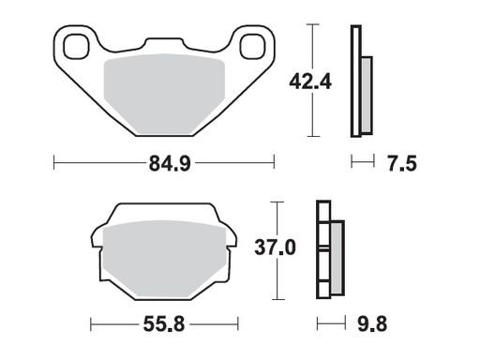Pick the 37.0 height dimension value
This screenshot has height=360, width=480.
pos(276,248)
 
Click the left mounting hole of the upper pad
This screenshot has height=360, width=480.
pos(76,44)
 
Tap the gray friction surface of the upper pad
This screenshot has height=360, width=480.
pos(164,94)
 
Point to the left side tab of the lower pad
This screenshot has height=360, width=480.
pos(96,242)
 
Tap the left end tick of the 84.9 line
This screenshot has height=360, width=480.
pos(54,165)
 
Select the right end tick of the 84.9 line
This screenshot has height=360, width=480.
pos(275,165)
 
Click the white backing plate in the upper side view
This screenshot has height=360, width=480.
pos(354,80)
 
